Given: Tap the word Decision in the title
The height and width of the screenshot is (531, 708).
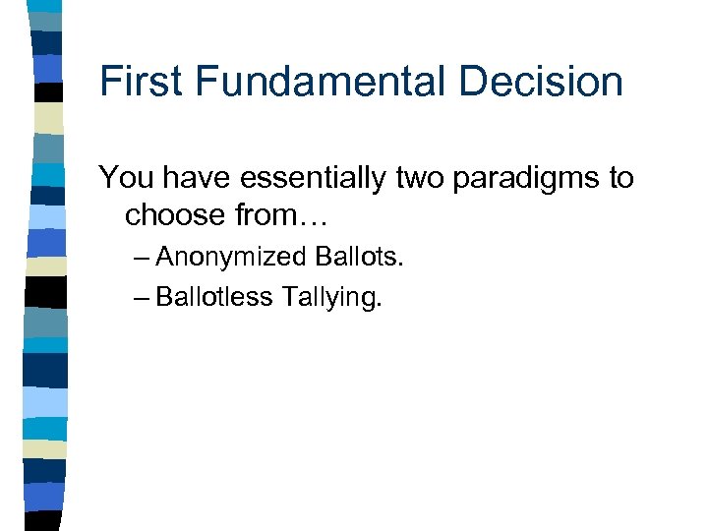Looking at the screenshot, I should tap(546, 81).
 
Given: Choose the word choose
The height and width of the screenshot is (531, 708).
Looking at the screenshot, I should tap(177, 214).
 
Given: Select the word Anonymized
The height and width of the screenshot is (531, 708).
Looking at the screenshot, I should tap(231, 258).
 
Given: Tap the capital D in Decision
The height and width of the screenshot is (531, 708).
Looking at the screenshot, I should tap(484, 81).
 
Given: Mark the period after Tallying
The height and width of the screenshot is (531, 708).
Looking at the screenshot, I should tap(378, 306).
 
